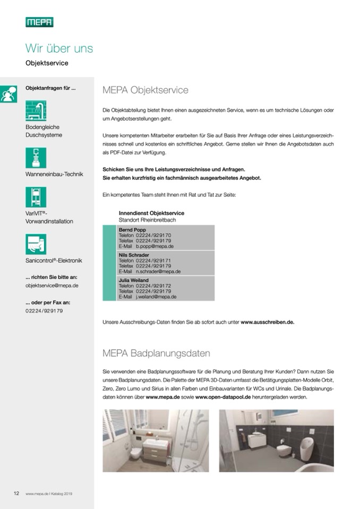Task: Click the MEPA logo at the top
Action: [x=40, y=22]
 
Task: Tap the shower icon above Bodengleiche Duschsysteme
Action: [x=36, y=111]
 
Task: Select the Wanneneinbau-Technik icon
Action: [x=36, y=158]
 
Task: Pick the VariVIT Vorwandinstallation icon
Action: [x=36, y=197]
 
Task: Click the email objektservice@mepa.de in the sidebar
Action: [x=52, y=285]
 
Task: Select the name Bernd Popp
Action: [x=132, y=229]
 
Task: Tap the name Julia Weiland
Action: [x=133, y=280]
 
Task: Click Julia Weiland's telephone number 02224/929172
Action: [x=153, y=286]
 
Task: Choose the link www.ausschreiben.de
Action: [x=267, y=322]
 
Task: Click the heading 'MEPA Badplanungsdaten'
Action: [x=156, y=353]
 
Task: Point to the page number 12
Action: [x=16, y=493]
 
